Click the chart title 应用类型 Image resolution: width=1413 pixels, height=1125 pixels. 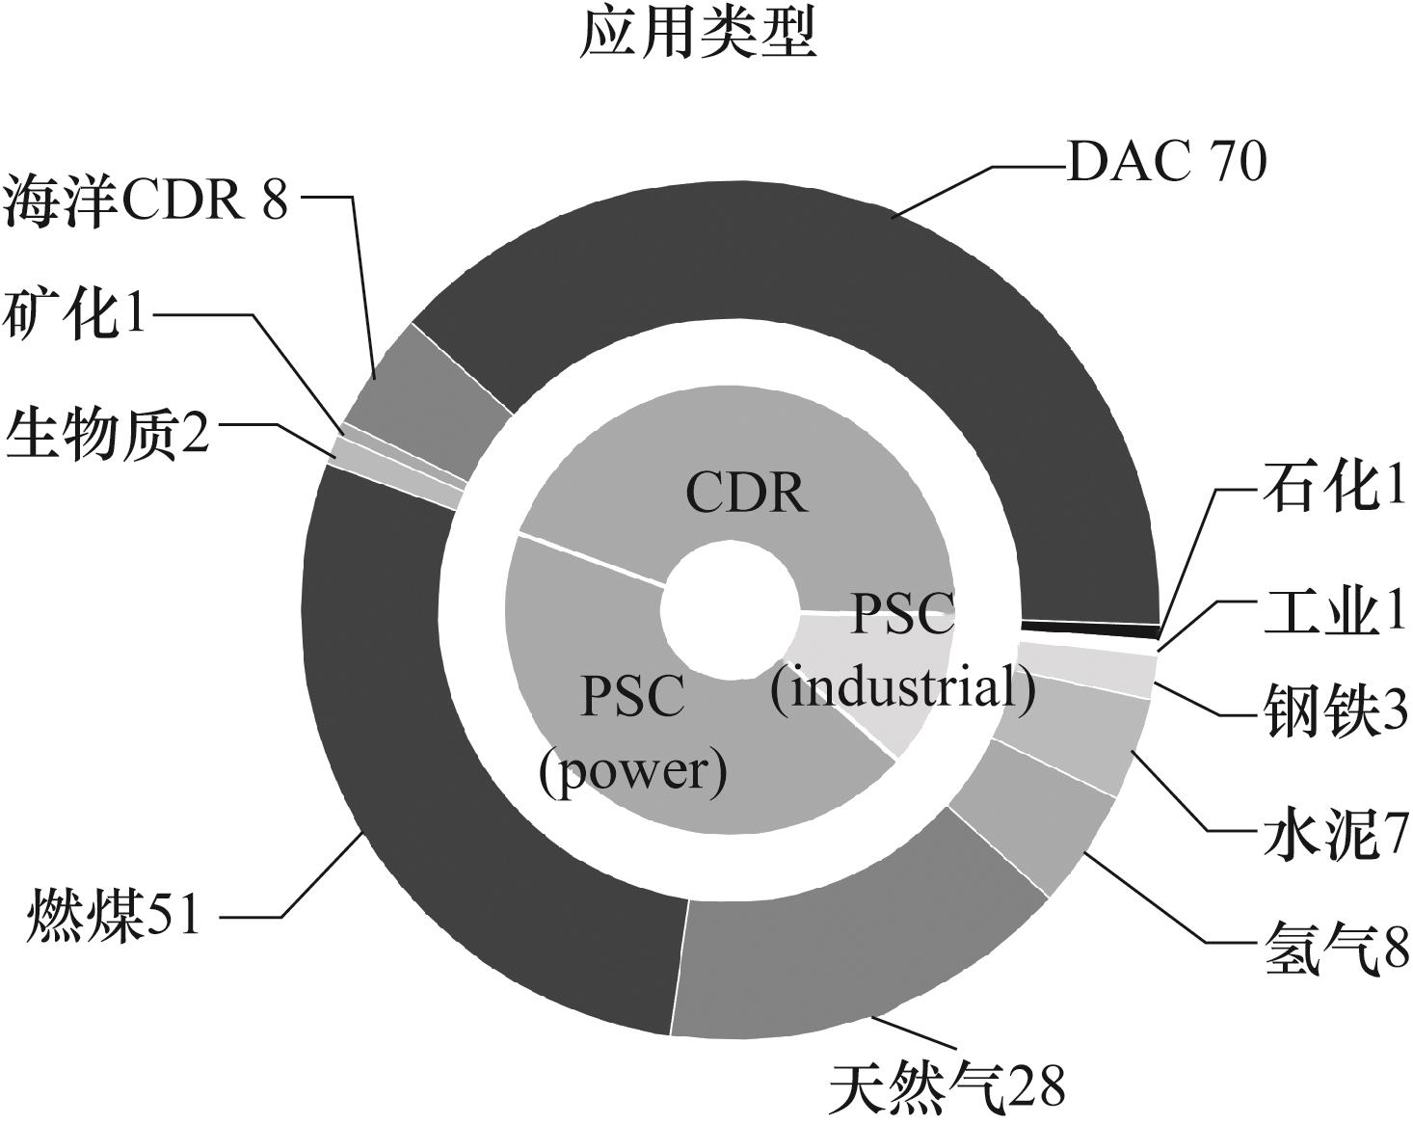tap(699, 36)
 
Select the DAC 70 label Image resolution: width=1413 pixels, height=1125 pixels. tap(1166, 162)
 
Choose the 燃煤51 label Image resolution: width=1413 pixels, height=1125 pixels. tap(115, 913)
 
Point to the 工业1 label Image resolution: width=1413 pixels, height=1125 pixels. tap(1336, 611)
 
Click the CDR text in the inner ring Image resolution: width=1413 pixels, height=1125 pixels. tap(747, 493)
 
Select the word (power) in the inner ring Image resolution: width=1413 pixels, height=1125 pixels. tap(633, 771)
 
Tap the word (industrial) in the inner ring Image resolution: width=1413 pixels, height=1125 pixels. tap(903, 688)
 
